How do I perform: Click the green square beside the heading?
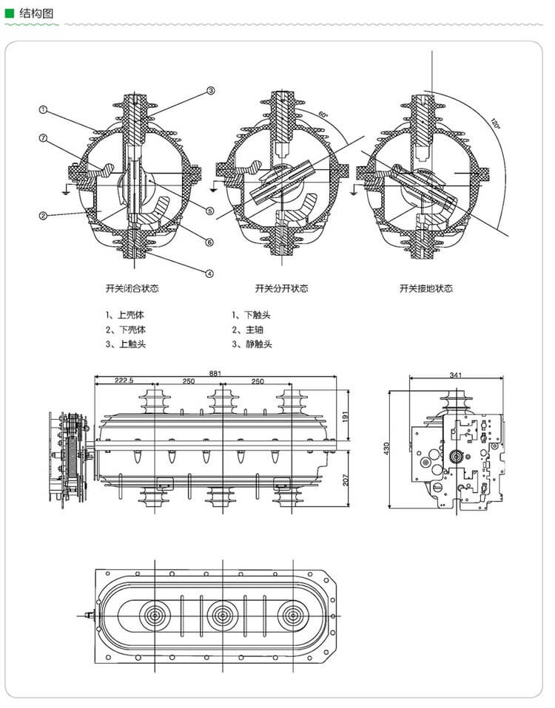pos(10,12)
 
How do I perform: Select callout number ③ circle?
pos(210,91)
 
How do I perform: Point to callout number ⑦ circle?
pos(44,138)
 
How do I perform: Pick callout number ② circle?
pos(44,216)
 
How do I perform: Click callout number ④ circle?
pos(209,273)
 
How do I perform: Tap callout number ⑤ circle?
pos(209,211)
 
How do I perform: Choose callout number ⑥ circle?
pos(209,242)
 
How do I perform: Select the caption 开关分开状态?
pos(281,288)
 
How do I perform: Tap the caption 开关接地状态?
pos(425,288)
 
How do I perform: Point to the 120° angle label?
pos(495,123)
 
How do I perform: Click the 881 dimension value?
pos(215,372)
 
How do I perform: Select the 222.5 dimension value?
pos(124,381)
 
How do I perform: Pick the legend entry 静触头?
pos(252,344)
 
